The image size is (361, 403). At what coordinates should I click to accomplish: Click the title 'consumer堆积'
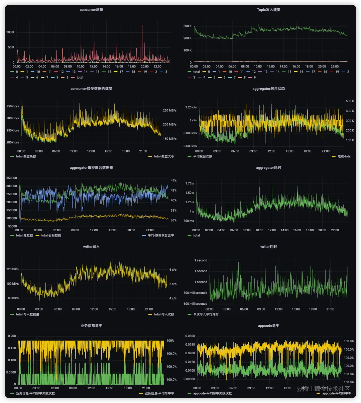(x=91, y=10)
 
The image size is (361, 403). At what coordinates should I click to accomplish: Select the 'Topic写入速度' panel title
(x=268, y=10)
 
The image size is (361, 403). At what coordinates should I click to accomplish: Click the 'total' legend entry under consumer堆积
(x=80, y=78)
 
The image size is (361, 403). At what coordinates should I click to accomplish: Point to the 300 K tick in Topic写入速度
(x=188, y=26)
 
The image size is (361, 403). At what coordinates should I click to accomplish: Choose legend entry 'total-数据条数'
(x=26, y=156)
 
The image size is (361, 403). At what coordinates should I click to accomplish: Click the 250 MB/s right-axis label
(x=169, y=110)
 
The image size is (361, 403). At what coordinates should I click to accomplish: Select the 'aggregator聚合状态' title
(x=268, y=89)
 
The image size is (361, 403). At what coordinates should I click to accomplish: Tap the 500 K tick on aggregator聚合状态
(x=350, y=101)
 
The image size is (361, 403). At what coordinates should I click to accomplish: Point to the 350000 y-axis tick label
(x=12, y=178)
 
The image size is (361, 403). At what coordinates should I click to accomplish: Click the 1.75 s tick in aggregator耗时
(x=190, y=183)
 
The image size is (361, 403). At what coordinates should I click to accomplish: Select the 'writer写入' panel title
(x=91, y=247)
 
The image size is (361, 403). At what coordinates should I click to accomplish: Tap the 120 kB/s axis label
(x=13, y=269)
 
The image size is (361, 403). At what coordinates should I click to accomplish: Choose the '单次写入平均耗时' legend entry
(x=206, y=314)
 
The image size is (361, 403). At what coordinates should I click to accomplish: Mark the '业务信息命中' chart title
(x=91, y=325)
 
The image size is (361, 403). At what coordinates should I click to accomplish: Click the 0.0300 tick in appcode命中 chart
(x=190, y=336)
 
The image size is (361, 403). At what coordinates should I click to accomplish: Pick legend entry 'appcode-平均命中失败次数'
(x=212, y=393)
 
